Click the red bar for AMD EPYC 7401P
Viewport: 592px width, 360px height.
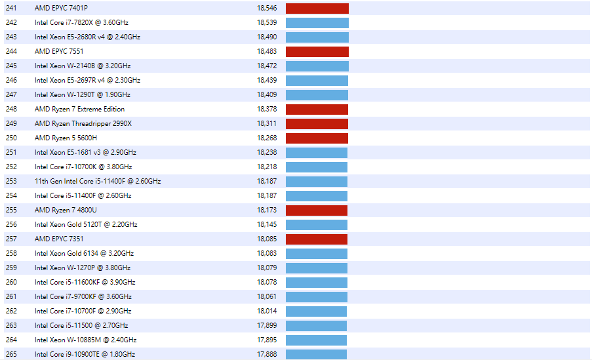click(317, 8)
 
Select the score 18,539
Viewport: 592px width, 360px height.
click(267, 22)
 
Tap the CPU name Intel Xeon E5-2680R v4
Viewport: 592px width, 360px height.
click(87, 37)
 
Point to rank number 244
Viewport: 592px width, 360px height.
click(11, 51)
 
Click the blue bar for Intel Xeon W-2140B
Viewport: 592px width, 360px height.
click(317, 66)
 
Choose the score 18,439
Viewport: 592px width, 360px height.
click(267, 80)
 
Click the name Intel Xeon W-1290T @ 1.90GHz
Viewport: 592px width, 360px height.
click(83, 94)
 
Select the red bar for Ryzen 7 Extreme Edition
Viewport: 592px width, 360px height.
click(317, 109)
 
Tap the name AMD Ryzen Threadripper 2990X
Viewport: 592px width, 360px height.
click(83, 123)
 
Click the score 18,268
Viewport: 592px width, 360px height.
click(267, 138)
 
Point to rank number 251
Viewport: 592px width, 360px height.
click(11, 152)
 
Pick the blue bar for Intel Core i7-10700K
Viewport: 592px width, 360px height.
click(316, 167)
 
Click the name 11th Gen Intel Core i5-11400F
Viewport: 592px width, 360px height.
click(98, 181)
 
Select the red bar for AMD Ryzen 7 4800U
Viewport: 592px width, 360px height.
click(316, 210)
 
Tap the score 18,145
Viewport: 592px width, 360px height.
click(267, 224)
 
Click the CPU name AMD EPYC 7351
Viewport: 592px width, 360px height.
click(59, 239)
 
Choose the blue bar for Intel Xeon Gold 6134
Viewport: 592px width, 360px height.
click(316, 253)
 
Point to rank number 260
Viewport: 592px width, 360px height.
click(11, 282)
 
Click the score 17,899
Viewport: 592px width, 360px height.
click(267, 325)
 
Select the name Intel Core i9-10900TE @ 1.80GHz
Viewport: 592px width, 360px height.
click(85, 354)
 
